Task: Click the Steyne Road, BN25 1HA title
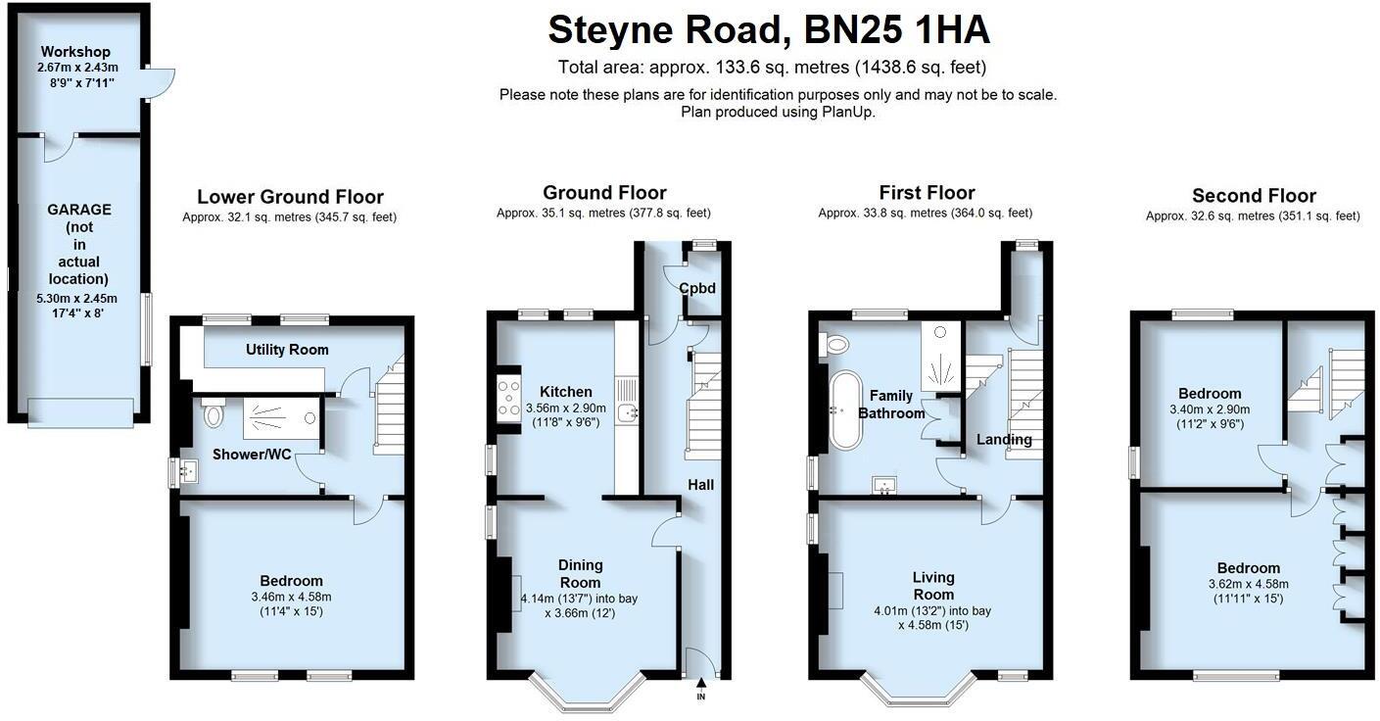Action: coord(768,30)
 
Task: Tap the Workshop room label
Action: coord(75,52)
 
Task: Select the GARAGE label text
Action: coord(78,209)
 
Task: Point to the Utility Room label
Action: coord(287,350)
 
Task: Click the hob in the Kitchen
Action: coord(509,399)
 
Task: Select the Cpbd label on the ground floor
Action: coord(696,288)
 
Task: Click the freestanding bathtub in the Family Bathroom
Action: coord(841,410)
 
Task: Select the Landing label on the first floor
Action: coord(1004,440)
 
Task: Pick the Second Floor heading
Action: coord(1254,196)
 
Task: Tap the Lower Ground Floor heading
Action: coord(290,198)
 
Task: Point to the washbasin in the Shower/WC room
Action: coord(186,473)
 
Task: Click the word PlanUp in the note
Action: coord(851,112)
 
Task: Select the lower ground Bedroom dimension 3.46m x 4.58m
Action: coord(291,597)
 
